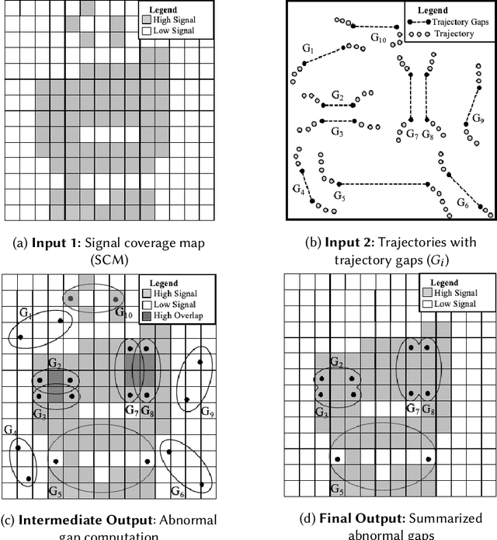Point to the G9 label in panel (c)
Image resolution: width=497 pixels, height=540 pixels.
coord(206,409)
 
